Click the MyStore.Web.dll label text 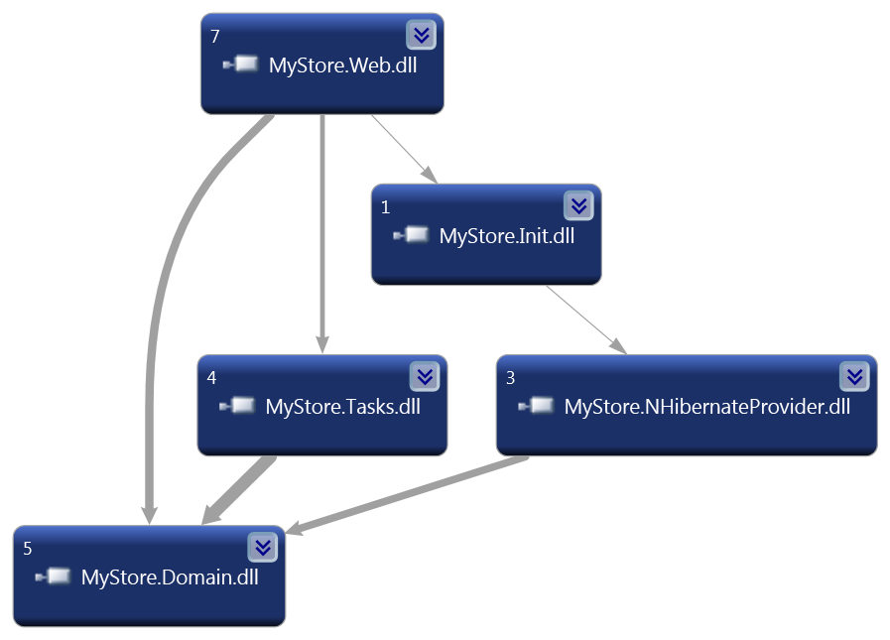342,65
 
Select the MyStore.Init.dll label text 506,236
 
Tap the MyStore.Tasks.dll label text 342,407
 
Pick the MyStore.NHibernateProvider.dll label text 706,407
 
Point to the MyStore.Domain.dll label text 170,577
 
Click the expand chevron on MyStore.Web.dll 421,35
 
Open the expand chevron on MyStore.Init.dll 578,205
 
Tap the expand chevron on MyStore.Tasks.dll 424,376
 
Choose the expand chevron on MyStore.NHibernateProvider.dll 854,376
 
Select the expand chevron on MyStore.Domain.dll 262,547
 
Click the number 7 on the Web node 215,37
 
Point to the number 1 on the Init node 386,207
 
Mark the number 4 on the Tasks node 212,378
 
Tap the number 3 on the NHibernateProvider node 511,378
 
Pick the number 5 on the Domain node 28,549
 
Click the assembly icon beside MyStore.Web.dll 242,65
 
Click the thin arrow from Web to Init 402,147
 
